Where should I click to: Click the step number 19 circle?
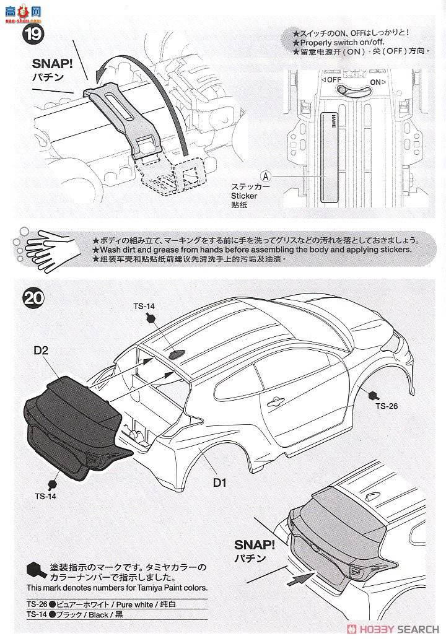(x=32, y=32)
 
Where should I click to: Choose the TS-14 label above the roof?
(x=144, y=306)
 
